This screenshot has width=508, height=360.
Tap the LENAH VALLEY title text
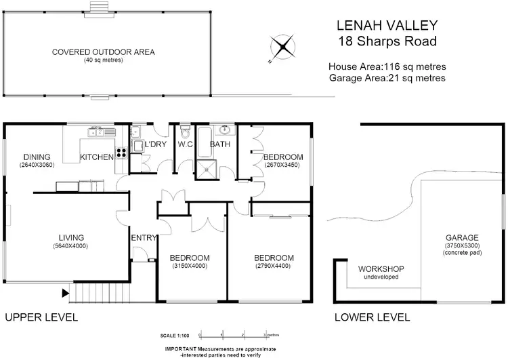pos(387,26)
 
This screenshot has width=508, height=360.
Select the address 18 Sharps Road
pos(387,41)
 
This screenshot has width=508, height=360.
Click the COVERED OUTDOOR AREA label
pos(104,52)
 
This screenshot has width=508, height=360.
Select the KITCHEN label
pos(97,157)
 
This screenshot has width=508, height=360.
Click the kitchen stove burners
pos(122,153)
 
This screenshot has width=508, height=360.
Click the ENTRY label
pos(144,237)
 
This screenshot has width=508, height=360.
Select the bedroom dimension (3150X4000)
pos(189,266)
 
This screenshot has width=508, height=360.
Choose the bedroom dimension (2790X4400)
pos(273,266)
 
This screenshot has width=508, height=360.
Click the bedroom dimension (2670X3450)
pos(282,165)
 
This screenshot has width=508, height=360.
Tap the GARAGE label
pos(462,237)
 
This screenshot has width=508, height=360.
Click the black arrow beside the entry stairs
pos(66,294)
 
